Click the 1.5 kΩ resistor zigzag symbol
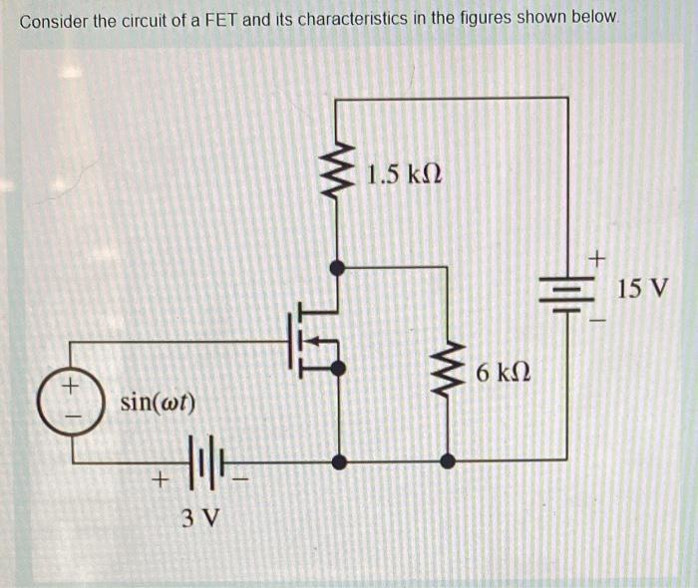tap(339, 171)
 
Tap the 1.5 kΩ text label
tap(403, 175)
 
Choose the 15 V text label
tap(642, 290)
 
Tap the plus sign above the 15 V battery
tap(596, 260)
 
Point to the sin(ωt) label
tap(158, 404)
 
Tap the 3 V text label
tap(202, 518)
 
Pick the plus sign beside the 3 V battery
tap(156, 482)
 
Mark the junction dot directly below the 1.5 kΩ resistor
tap(339, 267)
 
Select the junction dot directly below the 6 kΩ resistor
tap(449, 461)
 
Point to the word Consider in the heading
tap(51, 20)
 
